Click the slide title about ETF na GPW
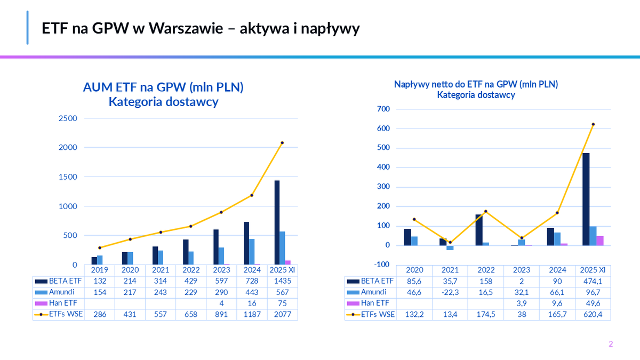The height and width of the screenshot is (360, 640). (x=201, y=29)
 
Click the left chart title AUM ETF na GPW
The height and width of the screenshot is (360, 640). (x=163, y=87)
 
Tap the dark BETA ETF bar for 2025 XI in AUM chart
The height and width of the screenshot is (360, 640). (x=277, y=222)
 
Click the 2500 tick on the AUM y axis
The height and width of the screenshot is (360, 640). (x=67, y=118)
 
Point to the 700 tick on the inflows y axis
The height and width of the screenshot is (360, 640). (x=383, y=109)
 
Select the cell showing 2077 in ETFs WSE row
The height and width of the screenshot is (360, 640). (x=282, y=315)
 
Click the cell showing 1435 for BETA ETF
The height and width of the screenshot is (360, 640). (x=282, y=281)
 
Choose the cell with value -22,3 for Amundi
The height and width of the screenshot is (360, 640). (x=450, y=292)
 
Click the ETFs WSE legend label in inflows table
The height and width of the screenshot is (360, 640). (x=377, y=315)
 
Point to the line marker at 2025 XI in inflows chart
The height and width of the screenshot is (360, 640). (x=593, y=124)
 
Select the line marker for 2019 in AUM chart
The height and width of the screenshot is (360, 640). (x=100, y=247)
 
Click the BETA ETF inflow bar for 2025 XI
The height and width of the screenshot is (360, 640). (x=586, y=199)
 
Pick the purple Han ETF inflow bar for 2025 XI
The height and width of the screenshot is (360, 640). (x=600, y=241)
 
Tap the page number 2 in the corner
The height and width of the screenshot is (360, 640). (x=611, y=344)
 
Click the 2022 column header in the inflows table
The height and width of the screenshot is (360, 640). (x=485, y=269)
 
